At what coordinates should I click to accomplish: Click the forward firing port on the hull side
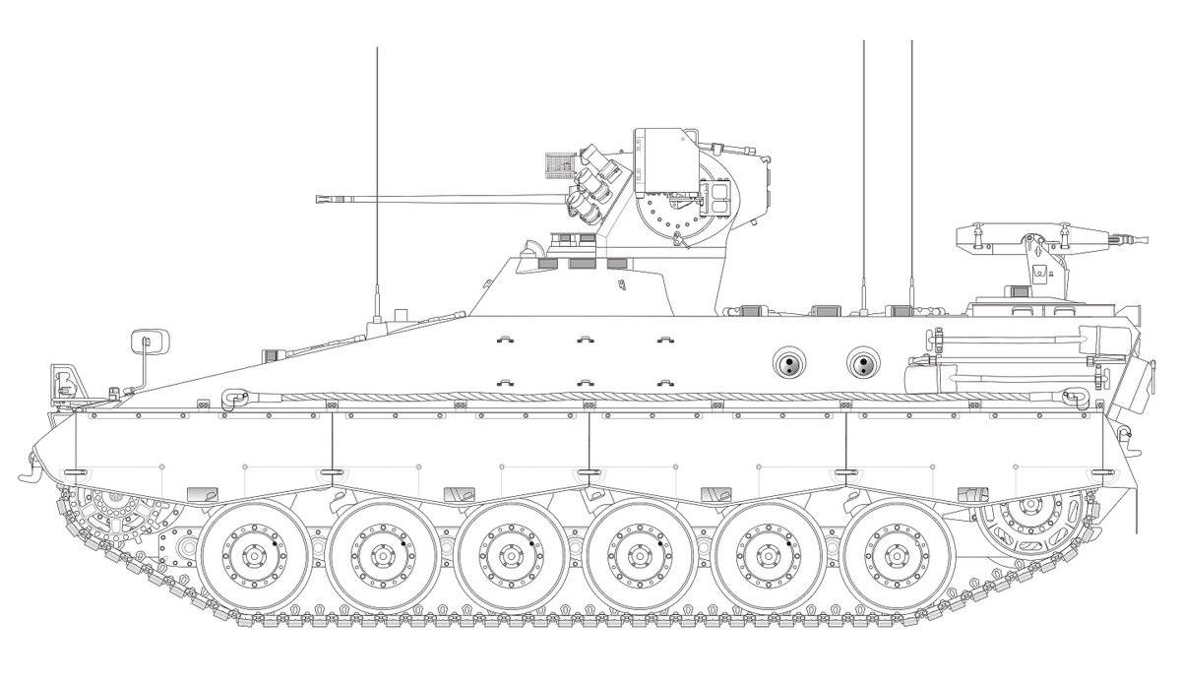coord(786,364)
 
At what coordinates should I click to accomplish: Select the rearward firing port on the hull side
coord(862,364)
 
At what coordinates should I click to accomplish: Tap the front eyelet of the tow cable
coord(234,398)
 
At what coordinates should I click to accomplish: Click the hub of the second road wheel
coord(379,556)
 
